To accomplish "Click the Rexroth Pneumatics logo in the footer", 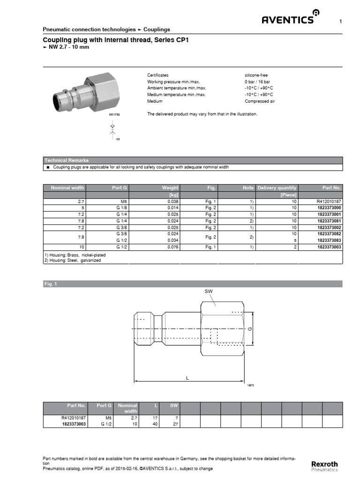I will click(x=324, y=466).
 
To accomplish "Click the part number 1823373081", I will click(x=329, y=220).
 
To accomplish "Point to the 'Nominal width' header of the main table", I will click(x=67, y=188).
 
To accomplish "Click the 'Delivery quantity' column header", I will click(x=277, y=188).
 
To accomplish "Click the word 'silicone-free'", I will click(x=256, y=75).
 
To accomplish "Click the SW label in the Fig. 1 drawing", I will click(x=209, y=291).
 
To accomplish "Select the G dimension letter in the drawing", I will click(x=250, y=329).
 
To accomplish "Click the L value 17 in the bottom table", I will click(x=156, y=417).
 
